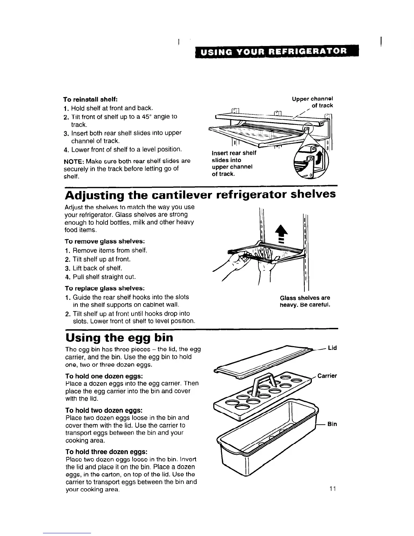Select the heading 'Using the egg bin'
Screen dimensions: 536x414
coord(119,337)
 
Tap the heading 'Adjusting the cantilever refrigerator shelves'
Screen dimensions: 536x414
coord(200,195)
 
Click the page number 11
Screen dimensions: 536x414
coord(332,489)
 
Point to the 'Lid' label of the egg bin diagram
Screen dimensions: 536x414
coord(332,348)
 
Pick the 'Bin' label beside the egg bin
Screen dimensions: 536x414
coord(332,424)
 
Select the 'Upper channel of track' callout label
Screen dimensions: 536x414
coord(313,102)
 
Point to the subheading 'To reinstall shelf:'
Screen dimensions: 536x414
coord(90,100)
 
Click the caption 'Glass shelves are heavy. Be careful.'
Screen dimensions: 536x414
coord(305,301)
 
